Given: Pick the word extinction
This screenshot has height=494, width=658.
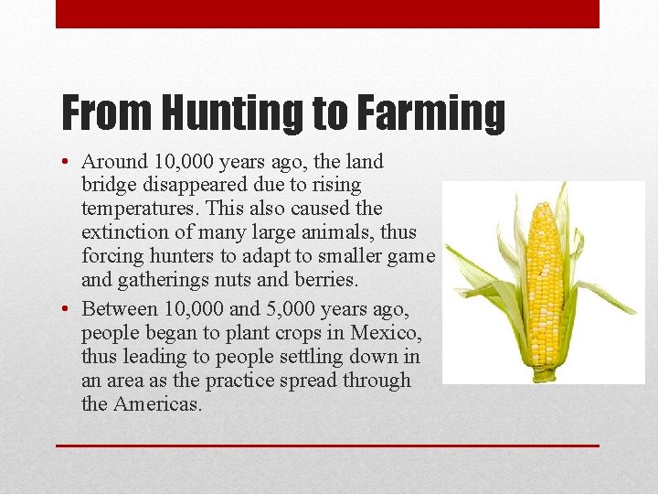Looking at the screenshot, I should tap(123, 232).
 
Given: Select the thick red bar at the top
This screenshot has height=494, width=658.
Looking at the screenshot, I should tap(327, 14).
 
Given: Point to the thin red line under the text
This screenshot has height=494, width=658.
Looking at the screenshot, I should tap(327, 446).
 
